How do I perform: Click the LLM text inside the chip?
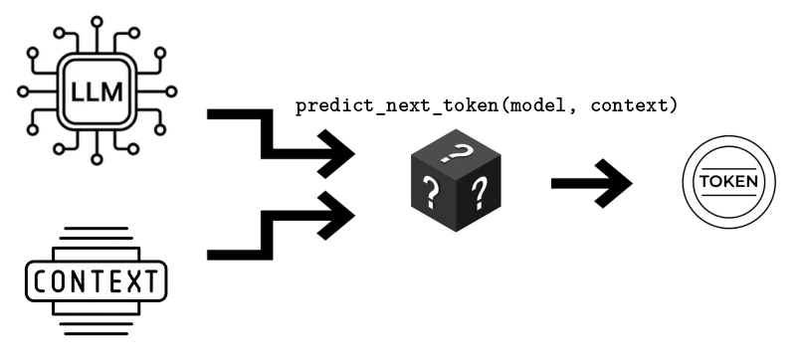[96, 91]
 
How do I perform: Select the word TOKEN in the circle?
[728, 183]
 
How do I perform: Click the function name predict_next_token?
[399, 105]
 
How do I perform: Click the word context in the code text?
[629, 105]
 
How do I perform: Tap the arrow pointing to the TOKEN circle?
[591, 183]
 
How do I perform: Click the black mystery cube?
[456, 185]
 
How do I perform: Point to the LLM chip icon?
[96, 91]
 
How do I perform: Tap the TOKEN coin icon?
[728, 183]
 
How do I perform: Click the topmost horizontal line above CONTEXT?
[96, 230]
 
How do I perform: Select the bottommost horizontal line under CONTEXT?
[96, 331]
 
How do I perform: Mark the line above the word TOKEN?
[728, 169]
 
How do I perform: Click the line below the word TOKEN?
[728, 197]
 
